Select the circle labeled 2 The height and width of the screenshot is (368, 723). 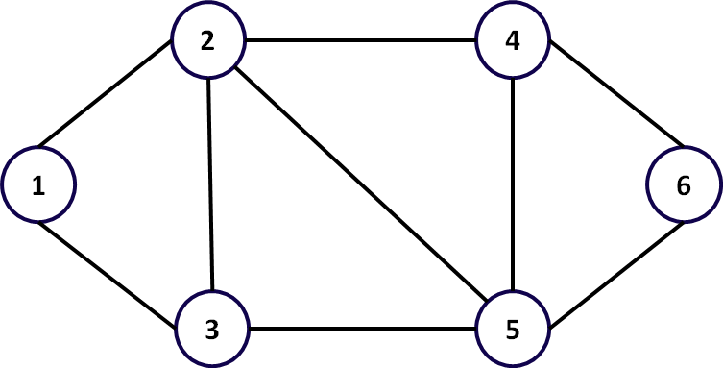pyautogui.click(x=208, y=41)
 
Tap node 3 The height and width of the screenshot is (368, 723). pyautogui.click(x=212, y=331)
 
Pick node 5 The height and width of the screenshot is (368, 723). pyautogui.click(x=513, y=331)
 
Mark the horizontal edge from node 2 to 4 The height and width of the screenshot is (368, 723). pyautogui.click(x=360, y=41)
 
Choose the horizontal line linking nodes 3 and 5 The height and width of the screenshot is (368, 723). pyautogui.click(x=362, y=331)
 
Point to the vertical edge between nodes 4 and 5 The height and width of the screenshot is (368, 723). pyautogui.click(x=513, y=185)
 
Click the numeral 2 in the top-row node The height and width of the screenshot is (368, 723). pyautogui.click(x=207, y=42)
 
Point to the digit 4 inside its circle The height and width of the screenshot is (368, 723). pyautogui.click(x=513, y=42)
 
